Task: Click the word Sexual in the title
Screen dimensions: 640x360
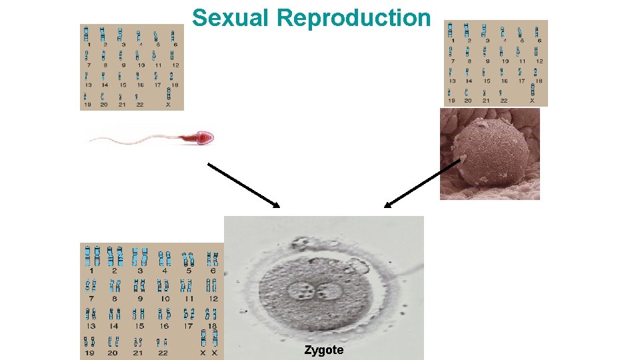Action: [x=231, y=18]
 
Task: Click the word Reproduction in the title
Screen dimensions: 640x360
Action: [x=354, y=18]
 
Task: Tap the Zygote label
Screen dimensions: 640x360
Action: [x=324, y=350]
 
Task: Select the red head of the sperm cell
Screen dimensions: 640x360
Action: [x=203, y=138]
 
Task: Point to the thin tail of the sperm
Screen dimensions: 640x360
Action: [x=133, y=139]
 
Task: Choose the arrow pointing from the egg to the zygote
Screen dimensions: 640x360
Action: [x=423, y=183]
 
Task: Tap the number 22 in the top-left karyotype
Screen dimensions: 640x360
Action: [x=140, y=105]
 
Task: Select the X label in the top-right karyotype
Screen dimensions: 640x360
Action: [x=532, y=101]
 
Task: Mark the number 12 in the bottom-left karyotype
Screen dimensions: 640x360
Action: [x=213, y=299]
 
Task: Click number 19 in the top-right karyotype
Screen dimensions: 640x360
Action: [x=451, y=101]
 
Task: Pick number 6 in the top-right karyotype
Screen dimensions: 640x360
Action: [x=539, y=41]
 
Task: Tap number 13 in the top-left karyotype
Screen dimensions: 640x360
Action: [x=87, y=85]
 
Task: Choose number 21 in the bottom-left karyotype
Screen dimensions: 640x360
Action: [x=139, y=353]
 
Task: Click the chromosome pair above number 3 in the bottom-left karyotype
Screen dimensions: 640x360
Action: [x=139, y=256]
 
